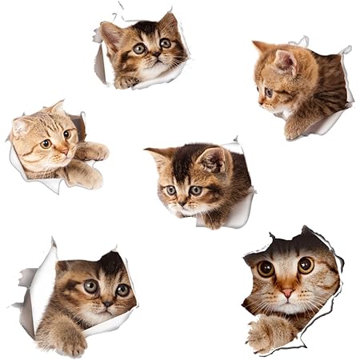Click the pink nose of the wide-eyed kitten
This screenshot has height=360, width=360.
click(286, 293)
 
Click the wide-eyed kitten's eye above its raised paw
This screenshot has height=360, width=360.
click(266, 269)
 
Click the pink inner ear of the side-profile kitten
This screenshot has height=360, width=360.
click(284, 61)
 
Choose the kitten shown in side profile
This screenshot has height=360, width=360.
click(300, 88)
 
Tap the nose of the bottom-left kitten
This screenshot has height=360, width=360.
click(107, 303)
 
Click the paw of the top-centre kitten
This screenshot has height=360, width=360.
click(126, 81)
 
